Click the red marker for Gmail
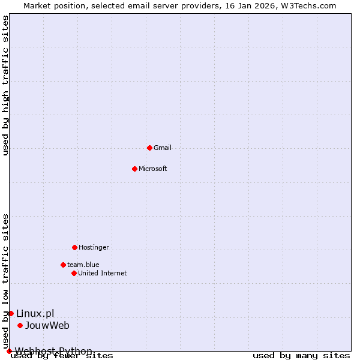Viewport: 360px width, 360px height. point(149,148)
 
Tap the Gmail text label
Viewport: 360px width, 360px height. point(163,148)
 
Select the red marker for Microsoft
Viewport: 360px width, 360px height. point(134,169)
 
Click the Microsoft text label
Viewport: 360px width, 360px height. point(152,169)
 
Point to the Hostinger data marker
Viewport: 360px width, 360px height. point(74,247)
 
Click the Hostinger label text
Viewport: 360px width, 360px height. point(94,247)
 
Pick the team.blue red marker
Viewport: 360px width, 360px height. point(63,265)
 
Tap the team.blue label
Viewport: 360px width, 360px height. point(83,265)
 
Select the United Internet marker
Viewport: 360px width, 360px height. point(74,273)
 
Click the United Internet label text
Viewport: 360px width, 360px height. point(102,273)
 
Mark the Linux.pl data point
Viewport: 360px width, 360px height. point(11,313)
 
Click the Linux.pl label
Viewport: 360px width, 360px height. point(35,313)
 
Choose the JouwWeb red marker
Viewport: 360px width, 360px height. point(20,325)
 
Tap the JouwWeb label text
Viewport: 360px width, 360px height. point(47,325)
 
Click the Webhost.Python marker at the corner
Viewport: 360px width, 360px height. point(9,351)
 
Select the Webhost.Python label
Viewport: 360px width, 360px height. point(53,351)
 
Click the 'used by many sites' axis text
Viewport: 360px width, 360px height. point(301,356)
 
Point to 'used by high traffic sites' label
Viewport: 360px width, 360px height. point(6,85)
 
